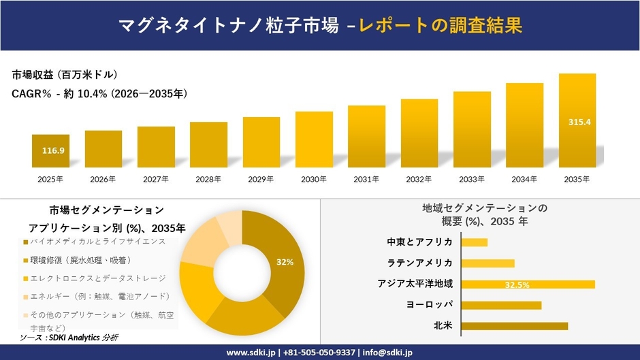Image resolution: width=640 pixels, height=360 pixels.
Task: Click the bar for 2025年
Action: [x=50, y=151]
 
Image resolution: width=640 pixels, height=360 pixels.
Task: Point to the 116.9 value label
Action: [x=53, y=150]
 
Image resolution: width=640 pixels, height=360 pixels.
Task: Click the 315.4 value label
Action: [x=579, y=122]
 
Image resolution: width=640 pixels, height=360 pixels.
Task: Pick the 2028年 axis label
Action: [x=208, y=180]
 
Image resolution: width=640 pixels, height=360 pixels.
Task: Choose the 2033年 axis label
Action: [x=472, y=180]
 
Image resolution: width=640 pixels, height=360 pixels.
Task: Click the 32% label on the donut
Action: [x=285, y=261]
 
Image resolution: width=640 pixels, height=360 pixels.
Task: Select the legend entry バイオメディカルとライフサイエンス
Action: [x=93, y=242]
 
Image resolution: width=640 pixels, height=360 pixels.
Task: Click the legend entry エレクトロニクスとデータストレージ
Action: [x=93, y=278]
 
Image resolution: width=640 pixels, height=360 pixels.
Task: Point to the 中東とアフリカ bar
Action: [x=475, y=242]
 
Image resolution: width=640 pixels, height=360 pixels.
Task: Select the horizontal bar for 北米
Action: [x=515, y=326]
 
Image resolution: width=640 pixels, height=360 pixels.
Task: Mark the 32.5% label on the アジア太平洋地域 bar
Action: [x=517, y=284]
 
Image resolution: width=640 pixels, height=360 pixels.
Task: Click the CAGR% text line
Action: [x=99, y=93]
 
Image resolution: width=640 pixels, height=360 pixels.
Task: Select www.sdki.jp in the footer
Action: [x=251, y=353]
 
